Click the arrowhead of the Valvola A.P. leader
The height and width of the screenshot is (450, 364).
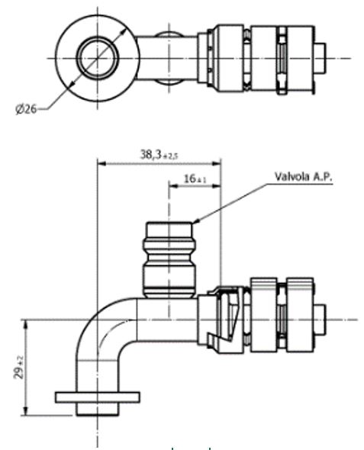point(195,222)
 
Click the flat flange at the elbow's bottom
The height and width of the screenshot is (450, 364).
point(98,397)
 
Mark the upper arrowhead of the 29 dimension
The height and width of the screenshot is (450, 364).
point(27,323)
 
